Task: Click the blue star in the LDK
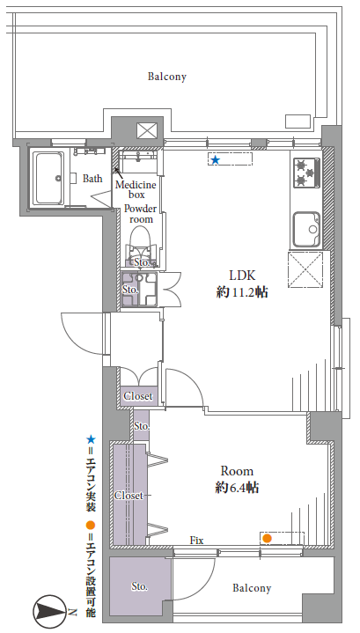point(216,160)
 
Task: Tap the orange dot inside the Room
point(267,538)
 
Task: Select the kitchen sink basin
point(306,229)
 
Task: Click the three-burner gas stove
point(306,173)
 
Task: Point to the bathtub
point(48,178)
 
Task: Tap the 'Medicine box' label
point(136,190)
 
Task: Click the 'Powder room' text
point(141,214)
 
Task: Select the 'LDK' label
point(242,276)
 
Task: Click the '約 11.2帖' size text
point(242,292)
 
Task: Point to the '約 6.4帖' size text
point(237,488)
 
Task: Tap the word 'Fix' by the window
point(196,541)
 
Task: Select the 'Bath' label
point(92,178)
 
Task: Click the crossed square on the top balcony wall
point(145,130)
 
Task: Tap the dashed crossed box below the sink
point(305,269)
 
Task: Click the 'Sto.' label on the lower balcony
point(139,586)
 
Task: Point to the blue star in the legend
point(91,439)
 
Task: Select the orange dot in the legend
point(91,526)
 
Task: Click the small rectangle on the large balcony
point(298,121)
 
